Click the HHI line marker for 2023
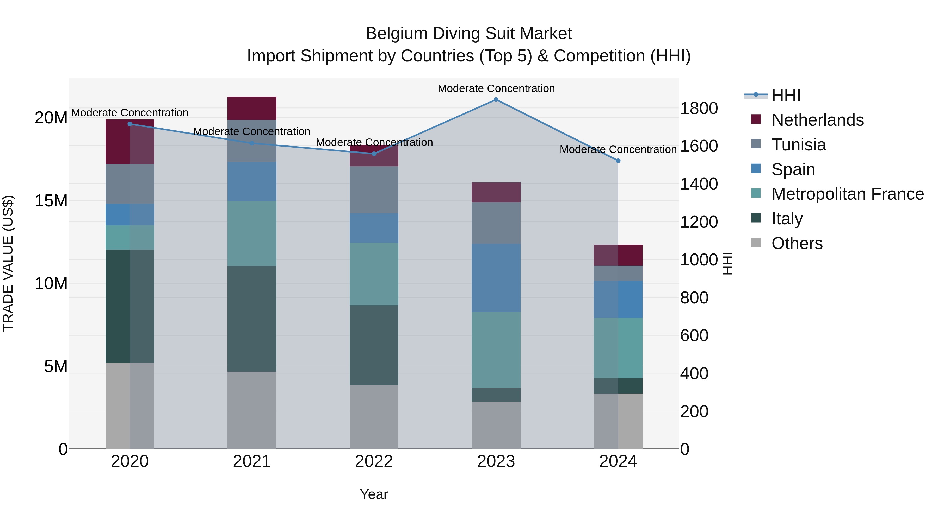coord(496,100)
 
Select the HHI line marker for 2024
coord(618,161)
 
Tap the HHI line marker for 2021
coord(252,143)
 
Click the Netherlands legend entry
coord(817,120)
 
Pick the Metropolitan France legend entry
coord(847,194)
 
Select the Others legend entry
coord(797,243)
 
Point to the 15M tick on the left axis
coord(51,201)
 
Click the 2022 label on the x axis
coord(374,461)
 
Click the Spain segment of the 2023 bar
coord(496,277)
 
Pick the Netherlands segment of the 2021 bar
coord(252,108)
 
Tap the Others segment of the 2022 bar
coord(374,417)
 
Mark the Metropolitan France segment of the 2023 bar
coord(496,350)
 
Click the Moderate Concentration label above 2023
coord(496,88)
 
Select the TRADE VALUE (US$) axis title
coord(8,263)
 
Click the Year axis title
coord(374,494)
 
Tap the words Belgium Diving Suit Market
coord(469,34)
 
